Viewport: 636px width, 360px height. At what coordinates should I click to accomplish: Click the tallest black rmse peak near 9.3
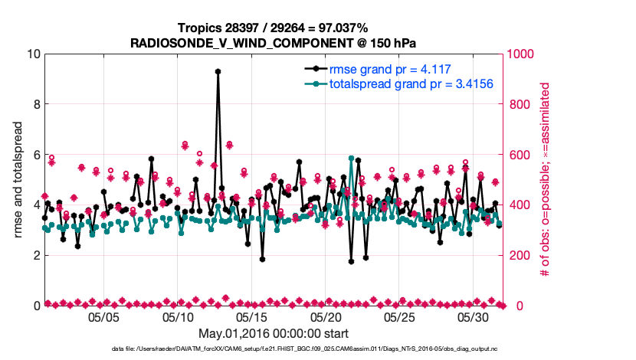pos(218,71)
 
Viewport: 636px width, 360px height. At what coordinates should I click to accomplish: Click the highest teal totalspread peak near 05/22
pos(351,158)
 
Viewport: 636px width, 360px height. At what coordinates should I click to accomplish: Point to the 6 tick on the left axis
pos(34,155)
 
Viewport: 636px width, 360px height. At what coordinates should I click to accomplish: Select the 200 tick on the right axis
pos(516,256)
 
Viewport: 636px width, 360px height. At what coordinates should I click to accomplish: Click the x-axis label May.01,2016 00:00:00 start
pos(274,334)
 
